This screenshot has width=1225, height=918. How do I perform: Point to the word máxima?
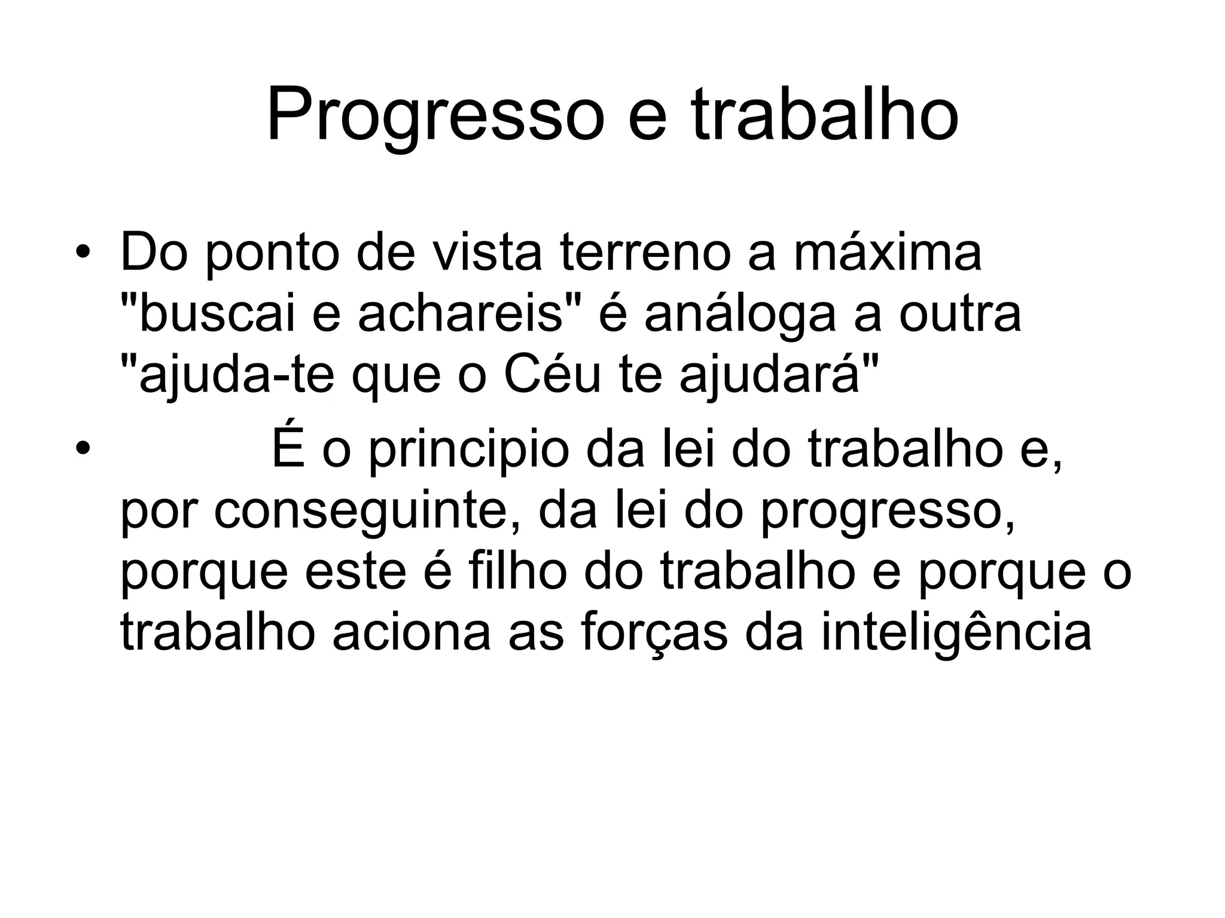coord(888,253)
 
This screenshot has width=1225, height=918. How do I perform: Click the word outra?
coord(960,315)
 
